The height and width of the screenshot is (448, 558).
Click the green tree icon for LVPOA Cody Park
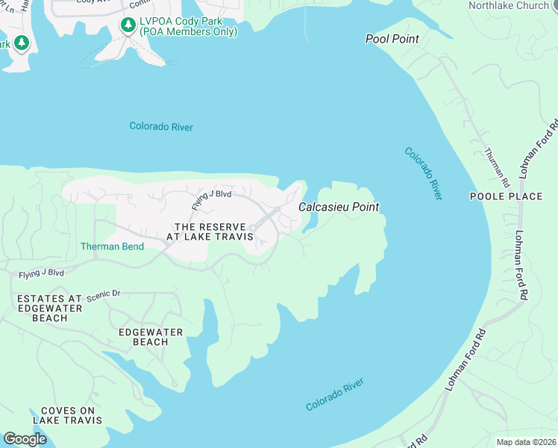coord(128,25)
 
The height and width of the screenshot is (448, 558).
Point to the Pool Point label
coord(392,39)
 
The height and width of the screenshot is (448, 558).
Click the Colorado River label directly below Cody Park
coord(161,127)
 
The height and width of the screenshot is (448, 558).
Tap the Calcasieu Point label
coord(339,207)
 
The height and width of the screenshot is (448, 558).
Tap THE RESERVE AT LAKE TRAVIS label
coord(213,231)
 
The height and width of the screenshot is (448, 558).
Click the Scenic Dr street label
coord(103,294)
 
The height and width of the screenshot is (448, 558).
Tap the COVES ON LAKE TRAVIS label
coord(72,415)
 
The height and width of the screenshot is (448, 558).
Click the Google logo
coord(25,439)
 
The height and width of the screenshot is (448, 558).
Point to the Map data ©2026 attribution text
coord(526,442)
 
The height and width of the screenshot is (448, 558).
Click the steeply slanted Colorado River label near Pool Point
coord(423,172)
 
